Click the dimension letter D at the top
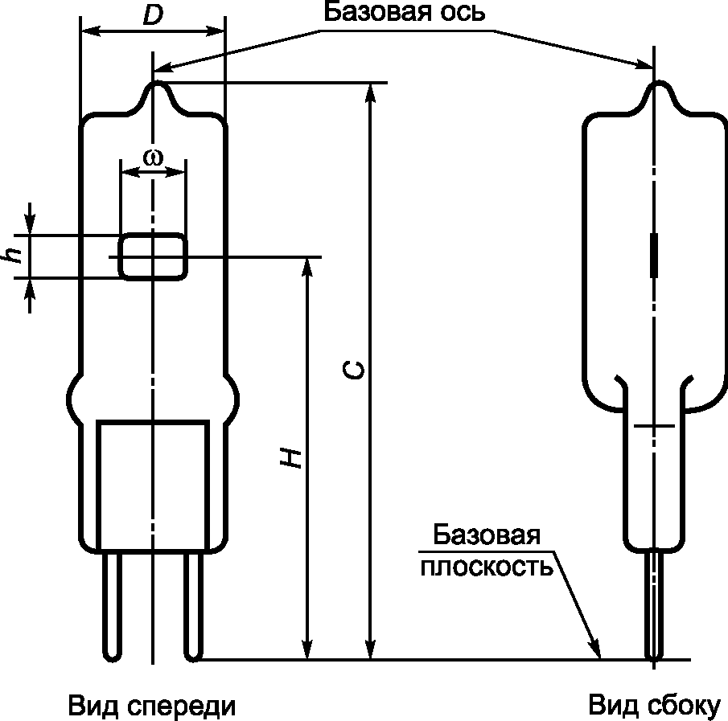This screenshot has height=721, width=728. [x=153, y=15]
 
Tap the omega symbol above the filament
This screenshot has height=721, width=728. [x=153, y=158]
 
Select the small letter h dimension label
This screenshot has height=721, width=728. [x=14, y=255]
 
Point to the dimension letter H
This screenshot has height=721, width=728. [x=290, y=457]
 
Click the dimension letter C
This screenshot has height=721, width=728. [x=353, y=371]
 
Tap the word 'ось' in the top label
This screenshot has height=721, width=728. [x=463, y=12]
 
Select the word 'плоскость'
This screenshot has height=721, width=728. [x=487, y=567]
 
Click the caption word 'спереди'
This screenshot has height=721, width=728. [x=182, y=706]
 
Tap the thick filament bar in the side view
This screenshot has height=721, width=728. [x=654, y=256]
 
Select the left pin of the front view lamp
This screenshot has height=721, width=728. [x=112, y=606]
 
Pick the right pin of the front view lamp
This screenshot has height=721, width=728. [x=194, y=606]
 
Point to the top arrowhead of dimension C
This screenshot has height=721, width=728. [x=370, y=92]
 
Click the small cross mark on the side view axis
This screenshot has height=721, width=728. [x=654, y=425]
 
